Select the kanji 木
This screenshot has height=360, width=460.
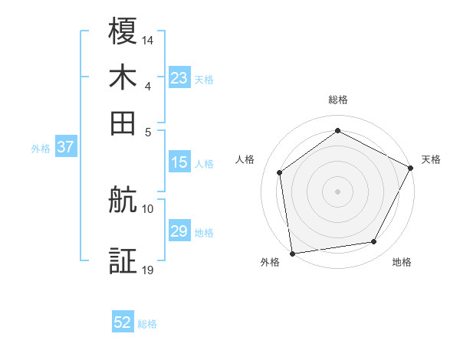(123, 77)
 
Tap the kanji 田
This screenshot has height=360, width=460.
(123, 123)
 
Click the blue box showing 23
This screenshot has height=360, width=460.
(179, 77)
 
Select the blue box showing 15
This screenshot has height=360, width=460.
(179, 162)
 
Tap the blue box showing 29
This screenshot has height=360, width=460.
(179, 231)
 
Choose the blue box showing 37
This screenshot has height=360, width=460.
(65, 148)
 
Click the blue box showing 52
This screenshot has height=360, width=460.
(123, 323)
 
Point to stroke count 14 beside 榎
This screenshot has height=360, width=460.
(148, 40)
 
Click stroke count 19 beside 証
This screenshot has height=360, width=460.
(148, 269)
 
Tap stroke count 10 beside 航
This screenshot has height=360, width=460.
(148, 208)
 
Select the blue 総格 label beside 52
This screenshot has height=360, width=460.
(147, 325)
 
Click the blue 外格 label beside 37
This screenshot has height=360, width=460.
(41, 149)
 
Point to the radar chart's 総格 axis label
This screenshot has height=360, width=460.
(337, 100)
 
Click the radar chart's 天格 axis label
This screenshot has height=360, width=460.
(431, 159)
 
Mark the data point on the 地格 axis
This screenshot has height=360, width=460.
(374, 242)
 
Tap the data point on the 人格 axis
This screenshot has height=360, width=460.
(280, 172)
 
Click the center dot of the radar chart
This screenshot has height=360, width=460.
(337, 191)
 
